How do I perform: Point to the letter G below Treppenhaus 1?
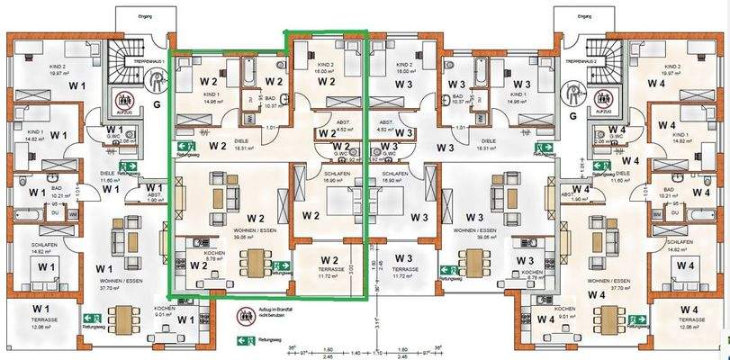pyautogui.click(x=157, y=105)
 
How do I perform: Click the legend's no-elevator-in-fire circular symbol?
pyautogui.click(x=243, y=316)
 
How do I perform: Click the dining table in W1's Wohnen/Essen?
pyautogui.click(x=116, y=316)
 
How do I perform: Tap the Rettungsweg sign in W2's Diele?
pyautogui.click(x=187, y=147)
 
